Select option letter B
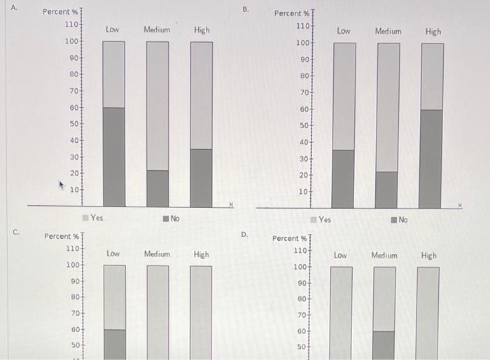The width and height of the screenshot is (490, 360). pos(245,9)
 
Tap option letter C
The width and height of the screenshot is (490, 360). pos(15,230)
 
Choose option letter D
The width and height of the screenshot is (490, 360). pos(244,234)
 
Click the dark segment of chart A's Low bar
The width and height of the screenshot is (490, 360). pos(114,157)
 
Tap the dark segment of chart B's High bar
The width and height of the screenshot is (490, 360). pos(431,158)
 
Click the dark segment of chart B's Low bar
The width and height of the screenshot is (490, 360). pos(343,179)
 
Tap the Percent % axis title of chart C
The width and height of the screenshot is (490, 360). pos(62,237)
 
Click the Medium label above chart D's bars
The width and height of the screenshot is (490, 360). pos(384,256)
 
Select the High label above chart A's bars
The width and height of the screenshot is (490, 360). pos(202,30)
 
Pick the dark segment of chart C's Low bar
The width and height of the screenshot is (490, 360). pos(115,344)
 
